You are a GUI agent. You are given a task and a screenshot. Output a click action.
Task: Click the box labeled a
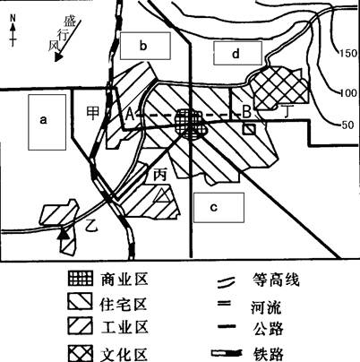tap(47, 122)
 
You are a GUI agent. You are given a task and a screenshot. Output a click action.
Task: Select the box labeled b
tap(145, 46)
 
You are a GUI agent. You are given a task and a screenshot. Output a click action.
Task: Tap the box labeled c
tap(219, 208)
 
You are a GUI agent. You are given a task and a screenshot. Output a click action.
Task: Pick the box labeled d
tap(237, 53)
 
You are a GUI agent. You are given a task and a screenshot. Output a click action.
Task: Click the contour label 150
tap(348, 53)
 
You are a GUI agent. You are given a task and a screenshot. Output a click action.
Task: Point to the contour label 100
tap(348, 93)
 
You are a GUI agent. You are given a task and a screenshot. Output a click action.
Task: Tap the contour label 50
tap(347, 125)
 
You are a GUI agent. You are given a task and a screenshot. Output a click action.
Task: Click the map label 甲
tap(93, 113)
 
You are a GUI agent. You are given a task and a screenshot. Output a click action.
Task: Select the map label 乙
tap(91, 225)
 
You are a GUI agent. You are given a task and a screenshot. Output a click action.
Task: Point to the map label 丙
tap(159, 175)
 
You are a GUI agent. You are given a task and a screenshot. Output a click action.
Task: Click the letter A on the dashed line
tap(130, 114)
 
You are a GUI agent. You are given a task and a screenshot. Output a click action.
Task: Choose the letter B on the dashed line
tap(246, 113)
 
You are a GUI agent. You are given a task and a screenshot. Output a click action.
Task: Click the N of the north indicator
tap(13, 18)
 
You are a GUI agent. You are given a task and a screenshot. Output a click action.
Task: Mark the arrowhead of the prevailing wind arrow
tap(58, 57)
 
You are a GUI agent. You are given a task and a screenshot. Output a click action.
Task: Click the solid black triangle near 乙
tap(64, 233)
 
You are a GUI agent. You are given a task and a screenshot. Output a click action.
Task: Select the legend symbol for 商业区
tap(81, 279)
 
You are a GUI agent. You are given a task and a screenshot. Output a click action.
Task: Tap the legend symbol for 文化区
tap(81, 353)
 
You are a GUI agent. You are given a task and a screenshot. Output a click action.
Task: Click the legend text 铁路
tap(268, 355)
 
